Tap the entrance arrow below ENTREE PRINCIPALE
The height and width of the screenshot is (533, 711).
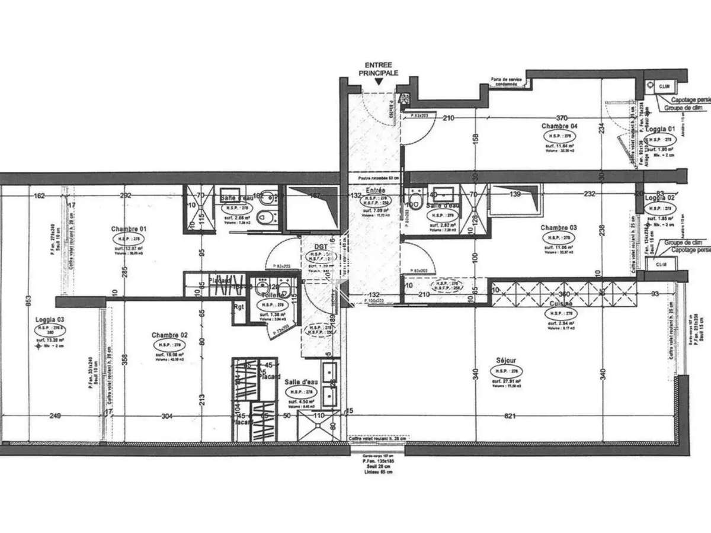[380, 86]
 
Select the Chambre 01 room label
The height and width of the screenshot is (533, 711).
[129, 229]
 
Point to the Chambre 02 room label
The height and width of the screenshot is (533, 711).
[169, 335]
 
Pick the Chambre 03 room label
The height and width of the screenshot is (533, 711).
[559, 227]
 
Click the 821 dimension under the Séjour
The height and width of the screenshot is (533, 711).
[511, 417]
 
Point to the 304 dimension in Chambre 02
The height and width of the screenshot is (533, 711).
[166, 417]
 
